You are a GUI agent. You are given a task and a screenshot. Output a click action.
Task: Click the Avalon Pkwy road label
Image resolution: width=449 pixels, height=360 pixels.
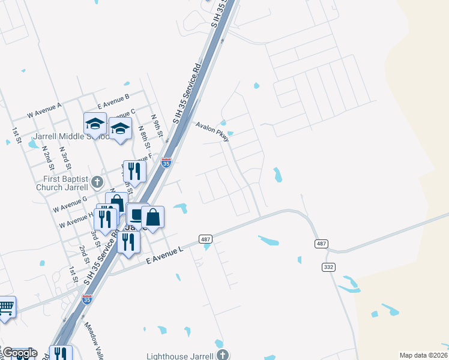pos(212,132)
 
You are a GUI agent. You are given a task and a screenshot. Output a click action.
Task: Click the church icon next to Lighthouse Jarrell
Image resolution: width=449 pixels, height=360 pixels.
pos(223,355)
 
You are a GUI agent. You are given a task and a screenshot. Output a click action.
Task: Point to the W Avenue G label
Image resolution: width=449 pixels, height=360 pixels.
pos(70,203)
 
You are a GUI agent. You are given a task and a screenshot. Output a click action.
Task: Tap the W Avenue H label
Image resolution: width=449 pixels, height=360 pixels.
pos(75,220)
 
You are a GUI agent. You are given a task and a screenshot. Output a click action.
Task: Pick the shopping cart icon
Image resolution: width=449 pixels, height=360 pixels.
pos(6,308)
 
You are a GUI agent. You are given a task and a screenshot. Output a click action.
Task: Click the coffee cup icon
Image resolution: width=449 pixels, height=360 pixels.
pos(137,214)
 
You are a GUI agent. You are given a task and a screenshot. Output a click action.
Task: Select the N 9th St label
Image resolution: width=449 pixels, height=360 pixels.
pos(157,126)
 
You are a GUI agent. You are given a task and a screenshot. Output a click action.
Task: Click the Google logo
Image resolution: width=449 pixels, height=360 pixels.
pos(19,353)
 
